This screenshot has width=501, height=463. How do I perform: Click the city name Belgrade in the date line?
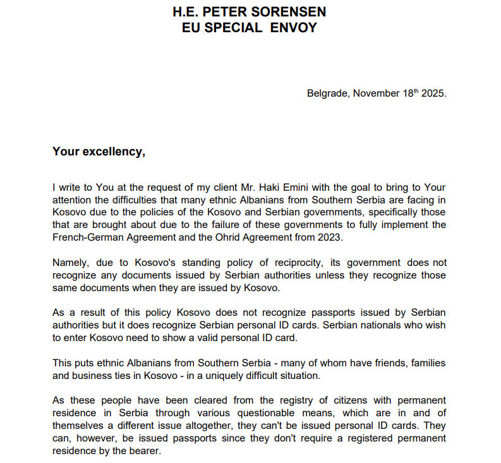pyautogui.click(x=327, y=93)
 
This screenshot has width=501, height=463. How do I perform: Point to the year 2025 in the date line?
pyautogui.click(x=433, y=93)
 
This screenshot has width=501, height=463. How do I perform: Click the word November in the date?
pyautogui.click(x=377, y=93)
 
